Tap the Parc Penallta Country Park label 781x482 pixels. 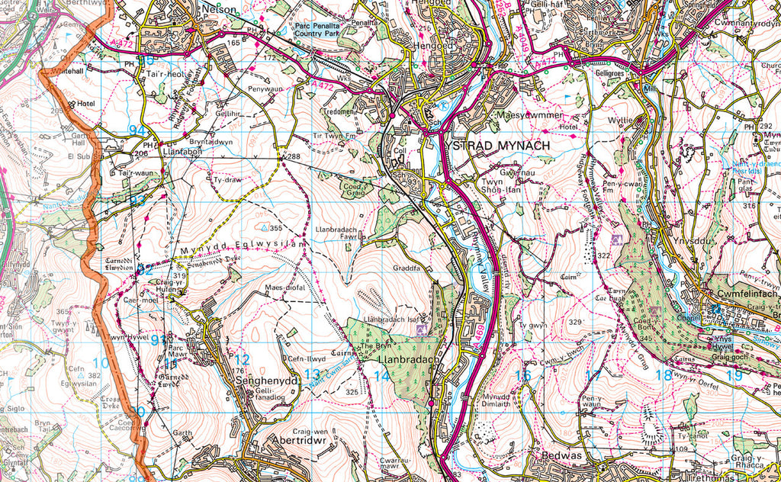(x=323, y=30)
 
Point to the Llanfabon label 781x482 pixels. (x=182, y=152)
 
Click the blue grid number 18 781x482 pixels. (x=663, y=374)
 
